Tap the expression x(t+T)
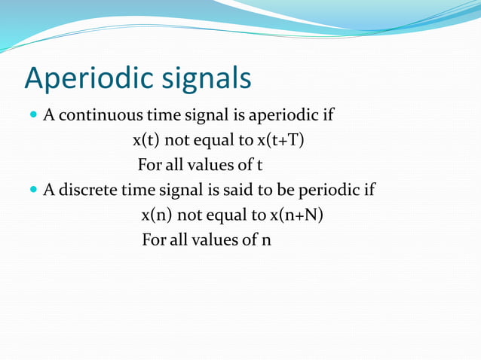279,140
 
